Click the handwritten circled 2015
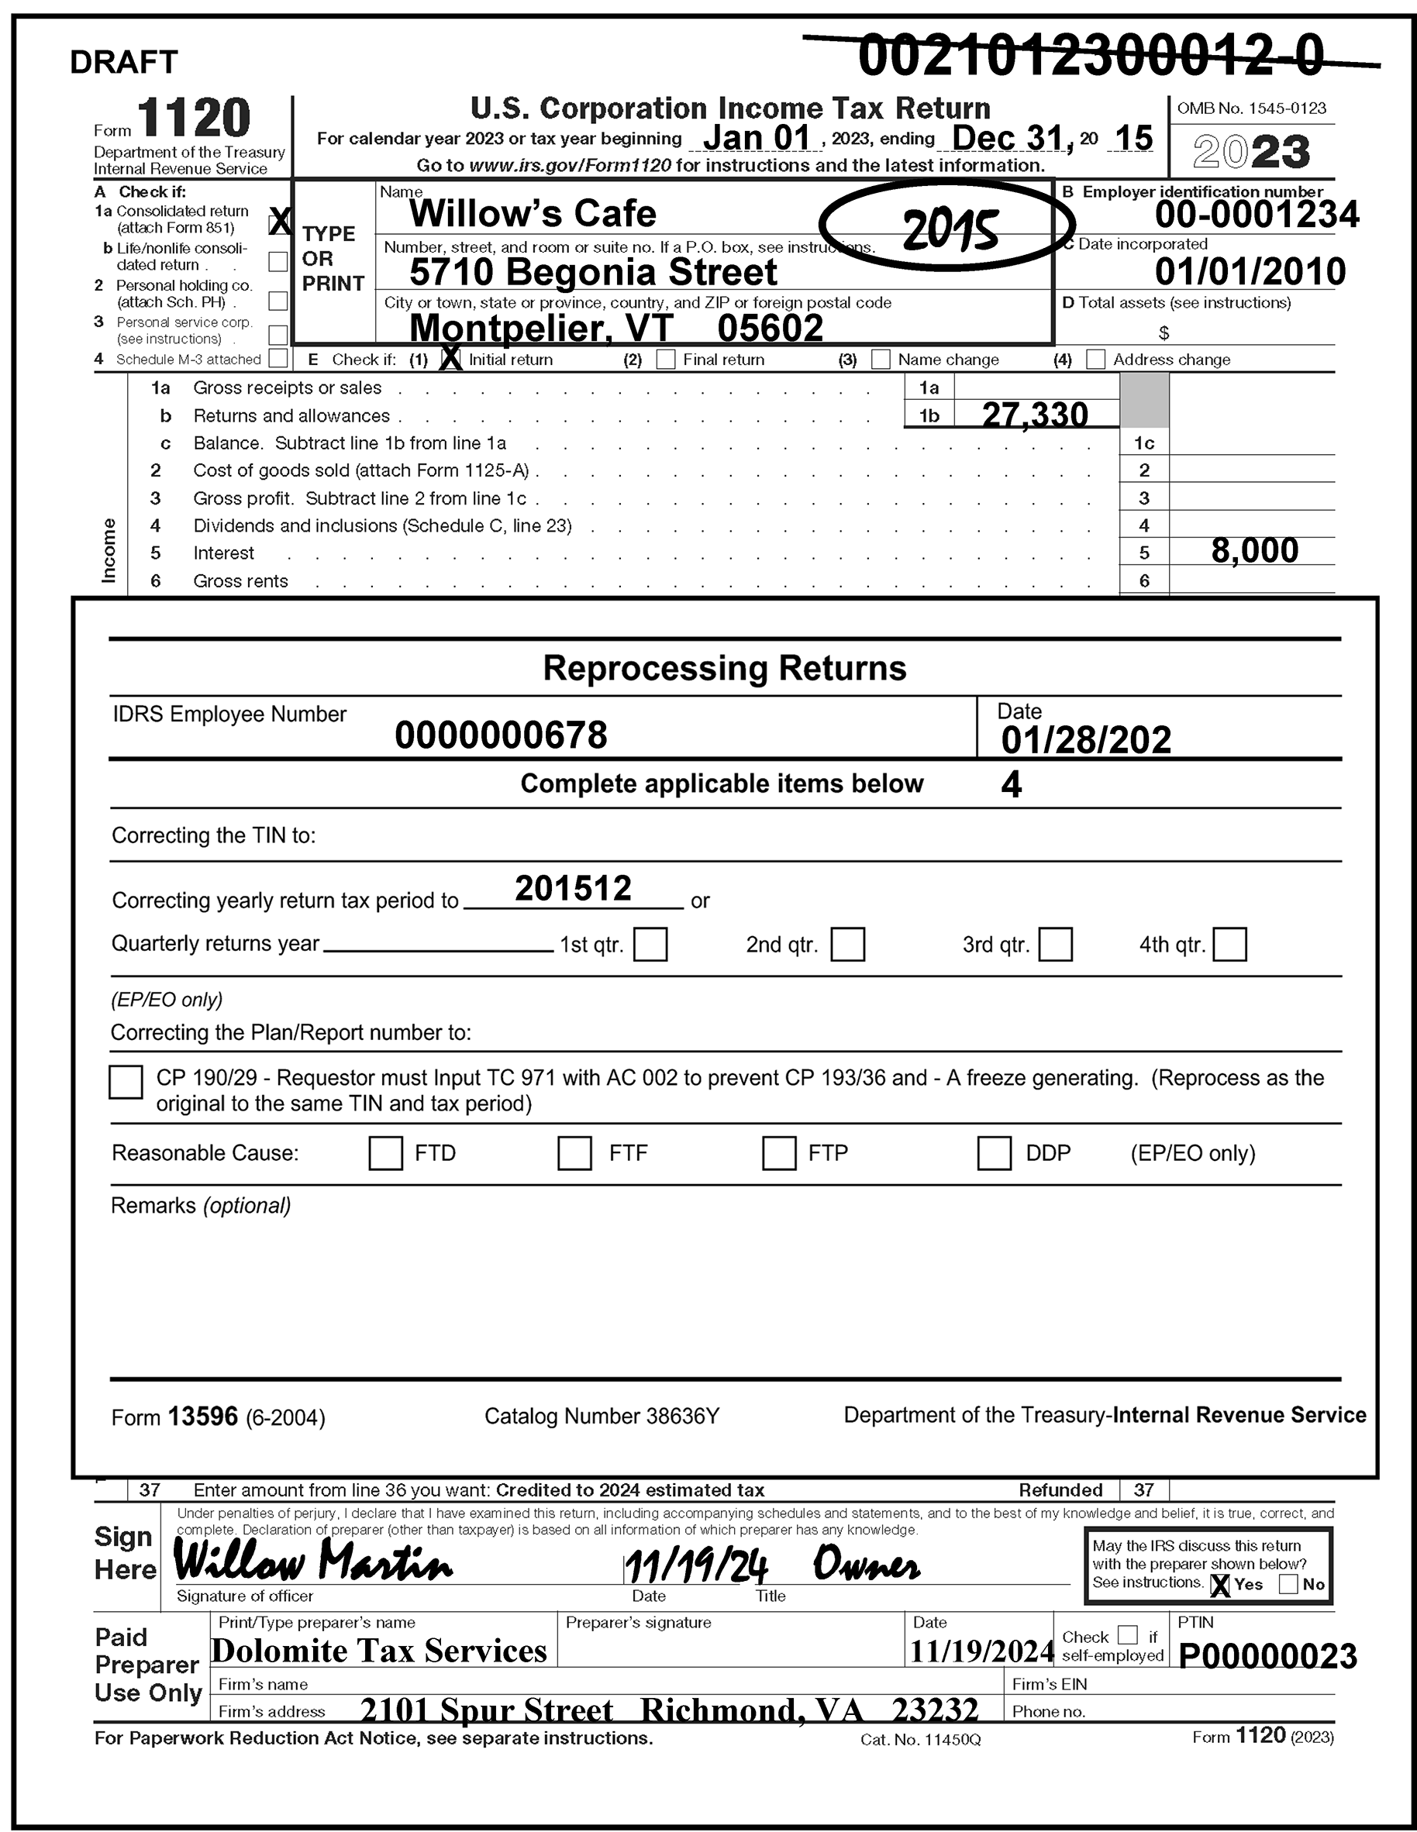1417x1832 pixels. [x=949, y=227]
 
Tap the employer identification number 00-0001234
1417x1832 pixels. [x=1256, y=215]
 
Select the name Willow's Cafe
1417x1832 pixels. [x=533, y=213]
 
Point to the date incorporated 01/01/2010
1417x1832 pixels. [x=1250, y=271]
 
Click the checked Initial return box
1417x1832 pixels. [x=450, y=359]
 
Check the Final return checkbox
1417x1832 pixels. [x=665, y=360]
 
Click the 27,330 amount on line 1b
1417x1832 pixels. [x=1034, y=414]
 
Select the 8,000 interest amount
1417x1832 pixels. [x=1254, y=550]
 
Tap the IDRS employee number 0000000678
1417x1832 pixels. [x=501, y=735]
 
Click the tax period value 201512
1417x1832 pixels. [x=573, y=888]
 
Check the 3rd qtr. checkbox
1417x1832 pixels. [x=1054, y=944]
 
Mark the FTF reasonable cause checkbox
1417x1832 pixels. [x=574, y=1152]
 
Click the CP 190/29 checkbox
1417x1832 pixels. [x=126, y=1081]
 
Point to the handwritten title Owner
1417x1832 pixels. [x=866, y=1565]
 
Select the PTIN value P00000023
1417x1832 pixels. [x=1267, y=1656]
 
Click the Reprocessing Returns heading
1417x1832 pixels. [x=724, y=669]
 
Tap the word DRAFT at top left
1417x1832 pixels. [x=123, y=62]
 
